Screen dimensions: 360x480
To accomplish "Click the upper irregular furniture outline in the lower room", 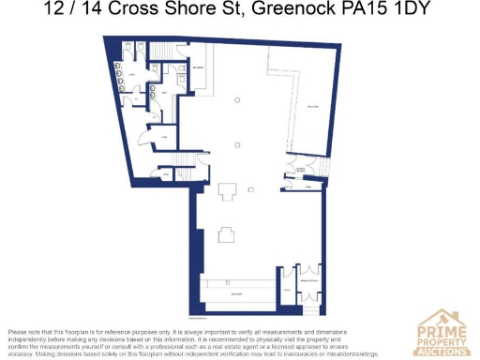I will click(228, 190).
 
